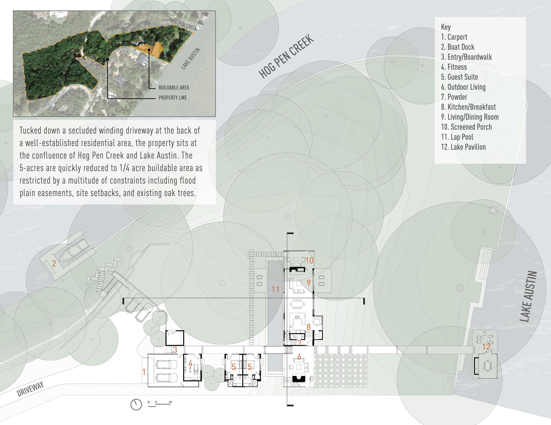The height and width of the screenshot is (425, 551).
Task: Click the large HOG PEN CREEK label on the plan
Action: tap(286, 56)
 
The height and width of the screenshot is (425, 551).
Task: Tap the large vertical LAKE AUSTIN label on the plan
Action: tap(529, 296)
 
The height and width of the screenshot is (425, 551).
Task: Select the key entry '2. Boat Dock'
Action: tap(457, 47)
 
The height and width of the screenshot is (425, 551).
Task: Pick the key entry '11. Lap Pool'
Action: tap(457, 137)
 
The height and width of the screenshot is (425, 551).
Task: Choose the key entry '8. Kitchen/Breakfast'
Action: tap(468, 107)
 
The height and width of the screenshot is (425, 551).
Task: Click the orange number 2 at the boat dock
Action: tap(54, 263)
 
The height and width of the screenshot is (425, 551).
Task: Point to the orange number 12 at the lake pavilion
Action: tap(486, 347)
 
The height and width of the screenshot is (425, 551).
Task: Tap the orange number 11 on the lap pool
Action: tap(275, 289)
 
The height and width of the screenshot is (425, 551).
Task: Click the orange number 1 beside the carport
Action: tap(144, 372)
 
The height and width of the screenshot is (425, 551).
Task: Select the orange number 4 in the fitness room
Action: tap(190, 364)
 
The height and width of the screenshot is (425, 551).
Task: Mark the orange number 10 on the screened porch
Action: tap(309, 260)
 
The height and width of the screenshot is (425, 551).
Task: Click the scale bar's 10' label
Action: tap(170, 402)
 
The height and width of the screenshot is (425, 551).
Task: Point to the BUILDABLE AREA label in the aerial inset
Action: tap(174, 88)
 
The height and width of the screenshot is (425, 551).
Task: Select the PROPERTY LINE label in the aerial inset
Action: tap(173, 98)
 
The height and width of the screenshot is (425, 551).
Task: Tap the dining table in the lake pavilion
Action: tap(487, 365)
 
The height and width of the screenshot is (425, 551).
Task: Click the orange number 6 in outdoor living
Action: tap(299, 357)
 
